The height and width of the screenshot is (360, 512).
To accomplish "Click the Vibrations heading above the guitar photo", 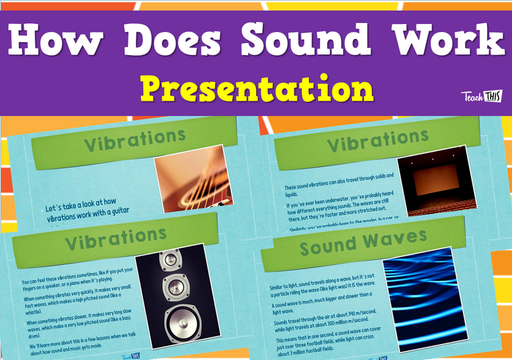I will (134, 141).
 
